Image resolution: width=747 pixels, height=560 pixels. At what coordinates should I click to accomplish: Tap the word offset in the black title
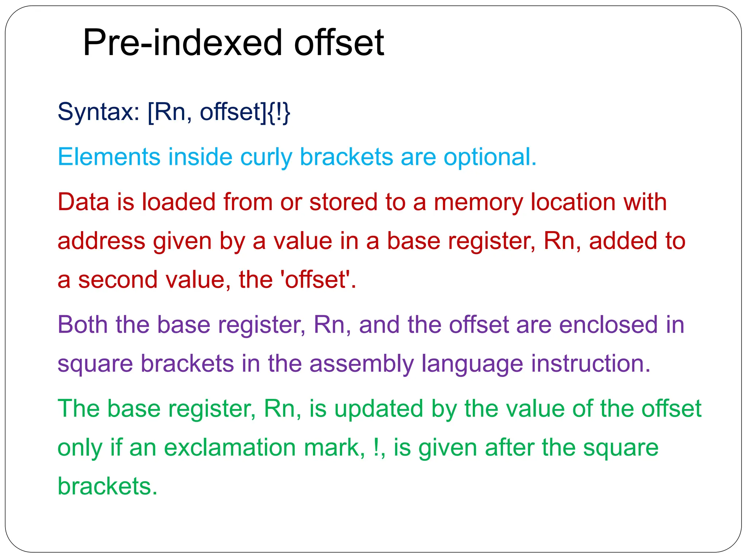click(x=339, y=43)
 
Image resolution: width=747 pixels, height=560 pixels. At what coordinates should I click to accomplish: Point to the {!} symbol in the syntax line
click(x=279, y=112)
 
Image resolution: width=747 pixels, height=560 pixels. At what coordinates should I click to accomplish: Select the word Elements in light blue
click(x=109, y=157)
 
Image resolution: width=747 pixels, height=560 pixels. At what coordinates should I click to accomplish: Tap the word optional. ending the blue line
click(x=490, y=157)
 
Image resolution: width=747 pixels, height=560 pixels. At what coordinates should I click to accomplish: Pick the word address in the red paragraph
click(x=101, y=241)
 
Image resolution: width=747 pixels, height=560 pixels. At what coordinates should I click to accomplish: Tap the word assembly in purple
click(x=361, y=364)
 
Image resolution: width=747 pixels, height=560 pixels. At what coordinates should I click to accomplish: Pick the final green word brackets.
click(x=107, y=486)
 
